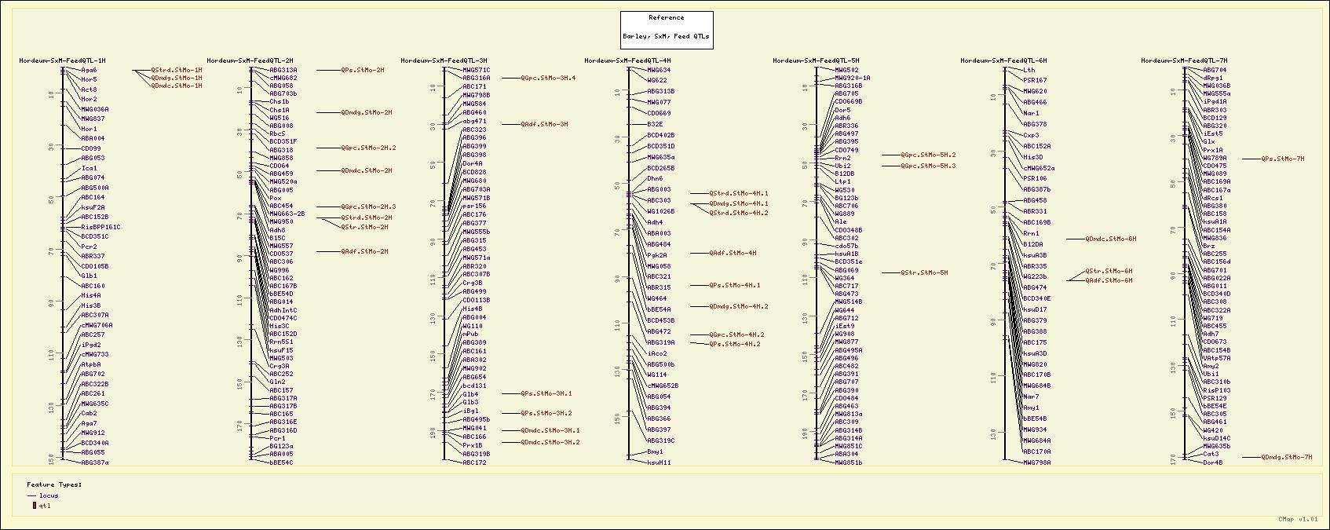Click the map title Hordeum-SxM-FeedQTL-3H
(444, 60)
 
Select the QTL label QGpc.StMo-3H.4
(548, 78)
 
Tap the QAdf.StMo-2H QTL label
(364, 251)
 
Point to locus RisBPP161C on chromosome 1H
(100, 227)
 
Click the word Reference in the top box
(666, 17)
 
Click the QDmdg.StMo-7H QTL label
(1286, 457)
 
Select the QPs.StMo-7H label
(1282, 159)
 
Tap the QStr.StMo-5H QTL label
(924, 272)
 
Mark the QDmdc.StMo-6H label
(1110, 239)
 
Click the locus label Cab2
(89, 413)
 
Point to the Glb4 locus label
(470, 394)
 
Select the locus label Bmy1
(655, 451)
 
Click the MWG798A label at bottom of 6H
(1036, 462)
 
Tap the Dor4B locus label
(1213, 462)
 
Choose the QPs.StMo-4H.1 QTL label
(734, 285)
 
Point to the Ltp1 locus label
(842, 181)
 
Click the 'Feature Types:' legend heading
(54, 484)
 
